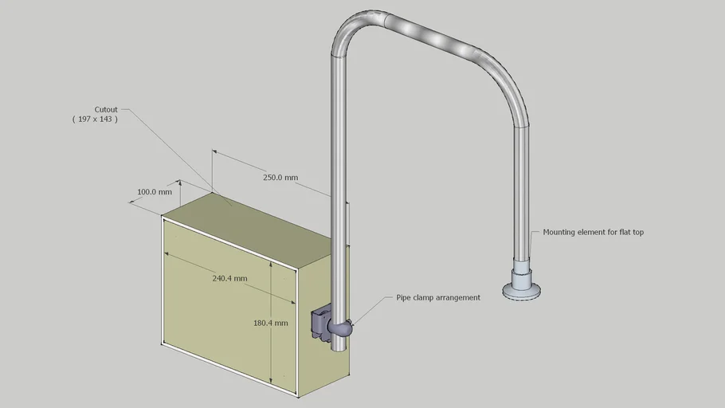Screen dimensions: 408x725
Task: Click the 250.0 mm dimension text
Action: tap(280, 178)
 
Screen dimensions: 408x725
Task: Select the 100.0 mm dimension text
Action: tap(155, 192)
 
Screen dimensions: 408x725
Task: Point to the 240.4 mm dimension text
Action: tap(229, 279)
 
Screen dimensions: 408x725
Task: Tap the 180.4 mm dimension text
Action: tap(269, 324)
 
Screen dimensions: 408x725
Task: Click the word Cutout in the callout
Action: tap(106, 109)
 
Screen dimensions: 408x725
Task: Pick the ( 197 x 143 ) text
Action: tap(95, 119)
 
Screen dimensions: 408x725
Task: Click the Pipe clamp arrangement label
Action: tap(438, 298)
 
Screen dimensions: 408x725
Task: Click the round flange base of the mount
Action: tap(523, 292)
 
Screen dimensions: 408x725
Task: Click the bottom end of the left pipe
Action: tap(339, 348)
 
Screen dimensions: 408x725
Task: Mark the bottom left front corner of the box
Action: tap(163, 344)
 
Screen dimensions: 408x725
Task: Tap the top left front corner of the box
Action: tap(163, 217)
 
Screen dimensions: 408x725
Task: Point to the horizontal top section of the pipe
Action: tap(430, 35)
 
